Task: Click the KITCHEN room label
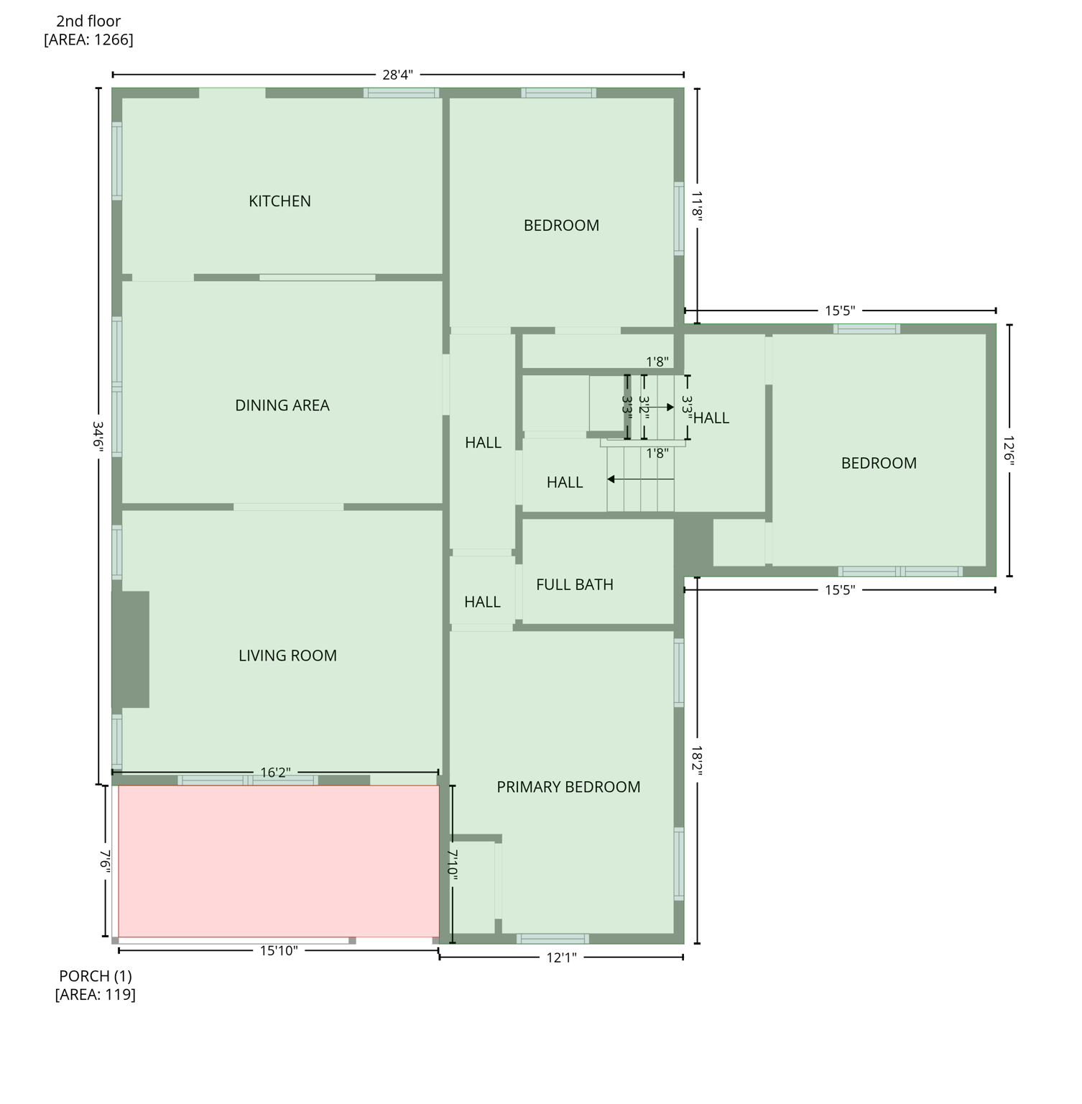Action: (279, 201)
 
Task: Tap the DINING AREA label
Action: (282, 405)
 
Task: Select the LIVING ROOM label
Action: (287, 655)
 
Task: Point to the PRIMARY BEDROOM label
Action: (568, 787)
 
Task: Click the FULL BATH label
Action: (575, 585)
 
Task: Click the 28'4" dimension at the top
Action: (397, 75)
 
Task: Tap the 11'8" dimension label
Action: (697, 204)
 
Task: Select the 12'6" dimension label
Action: (1009, 451)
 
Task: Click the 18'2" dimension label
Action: (697, 760)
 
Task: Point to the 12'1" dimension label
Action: (561, 957)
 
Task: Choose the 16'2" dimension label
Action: (275, 773)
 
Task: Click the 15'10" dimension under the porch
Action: (279, 951)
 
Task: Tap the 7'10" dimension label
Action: (453, 864)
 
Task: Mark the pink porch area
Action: (279, 861)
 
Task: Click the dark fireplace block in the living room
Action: (131, 649)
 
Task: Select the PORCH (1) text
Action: (96, 976)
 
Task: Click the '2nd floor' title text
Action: (88, 22)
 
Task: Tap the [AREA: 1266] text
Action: (88, 40)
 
